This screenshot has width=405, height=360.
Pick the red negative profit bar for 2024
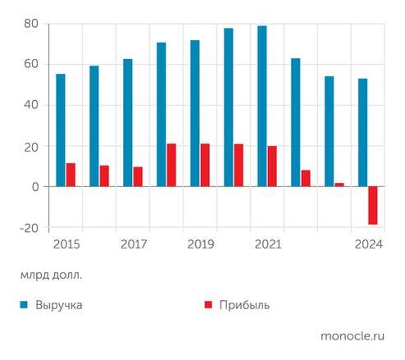[x=373, y=206]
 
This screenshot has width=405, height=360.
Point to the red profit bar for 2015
[x=71, y=175]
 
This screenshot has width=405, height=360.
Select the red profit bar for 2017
[x=138, y=177]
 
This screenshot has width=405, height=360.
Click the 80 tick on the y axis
[x=31, y=24]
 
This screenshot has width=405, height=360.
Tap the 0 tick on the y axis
[x=35, y=187]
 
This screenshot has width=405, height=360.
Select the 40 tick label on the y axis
[x=31, y=105]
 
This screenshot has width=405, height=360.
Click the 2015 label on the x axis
[x=66, y=244]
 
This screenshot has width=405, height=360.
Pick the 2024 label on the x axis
[x=367, y=244]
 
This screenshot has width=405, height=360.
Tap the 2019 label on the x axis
[x=200, y=244]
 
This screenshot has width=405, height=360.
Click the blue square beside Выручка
[x=25, y=305]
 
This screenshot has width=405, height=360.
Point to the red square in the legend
[x=208, y=305]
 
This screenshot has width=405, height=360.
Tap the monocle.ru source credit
[x=353, y=335]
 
